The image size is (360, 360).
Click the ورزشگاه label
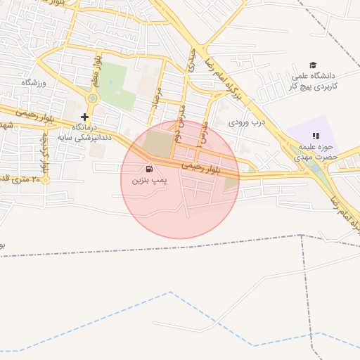[33, 83]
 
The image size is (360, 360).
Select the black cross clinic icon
[85, 117]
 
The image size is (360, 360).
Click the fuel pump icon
[149, 169]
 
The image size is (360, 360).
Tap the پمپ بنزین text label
[149, 181]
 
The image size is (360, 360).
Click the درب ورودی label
[247, 122]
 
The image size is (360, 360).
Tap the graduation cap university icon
[313, 65]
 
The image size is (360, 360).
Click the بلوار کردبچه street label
[44, 157]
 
